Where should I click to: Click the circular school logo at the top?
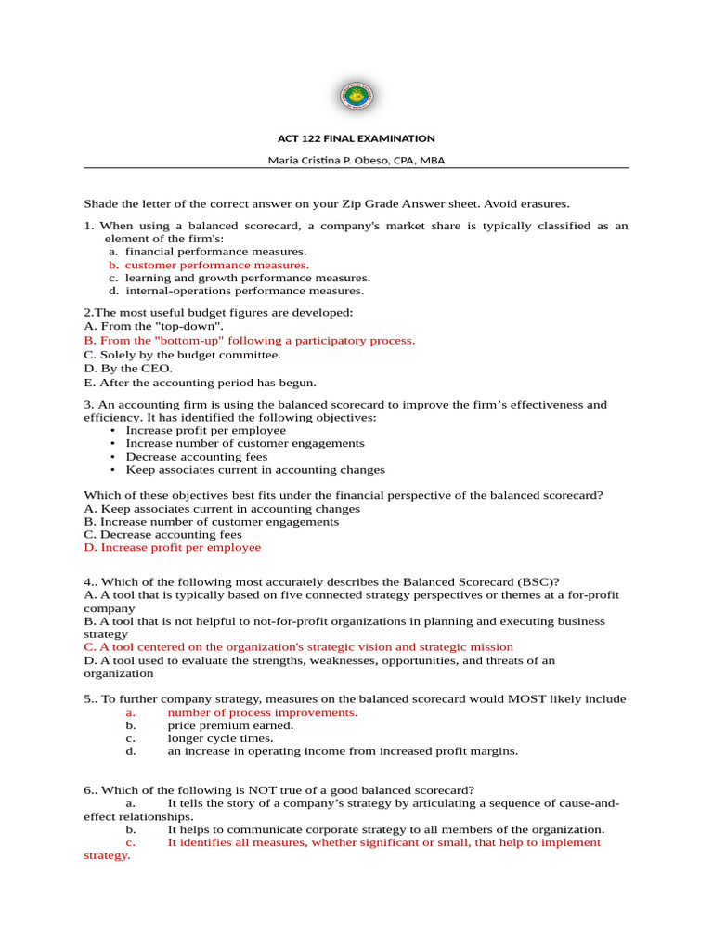tap(356, 96)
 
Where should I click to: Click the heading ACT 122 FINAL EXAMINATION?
tap(356, 138)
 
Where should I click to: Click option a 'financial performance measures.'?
tap(215, 252)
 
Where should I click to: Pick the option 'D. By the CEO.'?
tap(128, 368)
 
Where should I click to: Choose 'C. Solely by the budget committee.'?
tap(182, 354)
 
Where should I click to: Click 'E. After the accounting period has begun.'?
tap(200, 382)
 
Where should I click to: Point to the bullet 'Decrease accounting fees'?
tap(197, 457)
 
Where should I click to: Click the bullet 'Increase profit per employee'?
tap(206, 431)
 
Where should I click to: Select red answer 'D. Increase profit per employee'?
tap(172, 548)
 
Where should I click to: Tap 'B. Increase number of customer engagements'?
tap(211, 522)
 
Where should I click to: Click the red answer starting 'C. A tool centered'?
tap(298, 647)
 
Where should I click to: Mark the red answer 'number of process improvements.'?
tap(262, 712)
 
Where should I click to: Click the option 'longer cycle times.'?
tap(220, 738)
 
